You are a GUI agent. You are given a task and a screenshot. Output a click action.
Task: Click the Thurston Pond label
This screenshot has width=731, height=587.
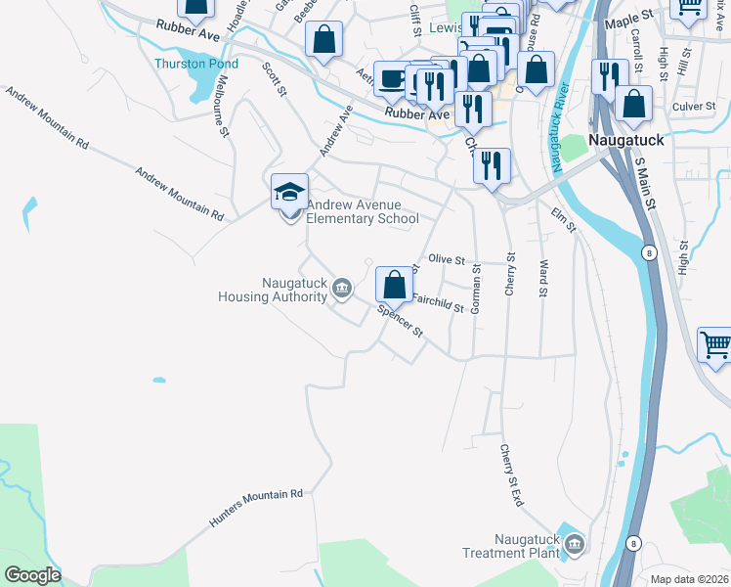195,64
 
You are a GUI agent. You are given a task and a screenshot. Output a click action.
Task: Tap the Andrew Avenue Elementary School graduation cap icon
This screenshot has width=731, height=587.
290,191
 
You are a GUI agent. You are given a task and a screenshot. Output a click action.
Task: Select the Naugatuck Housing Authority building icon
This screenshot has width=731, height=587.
341,287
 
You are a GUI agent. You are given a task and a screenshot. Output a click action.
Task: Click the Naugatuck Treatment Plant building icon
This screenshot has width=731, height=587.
574,543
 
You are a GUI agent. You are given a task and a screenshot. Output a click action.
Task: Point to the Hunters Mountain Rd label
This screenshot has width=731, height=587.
256,510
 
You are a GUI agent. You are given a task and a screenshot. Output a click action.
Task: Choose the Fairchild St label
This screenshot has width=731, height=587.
437,304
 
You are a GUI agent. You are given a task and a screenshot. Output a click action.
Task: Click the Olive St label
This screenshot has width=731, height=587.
447,259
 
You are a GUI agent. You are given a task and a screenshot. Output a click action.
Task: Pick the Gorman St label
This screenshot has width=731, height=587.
476,290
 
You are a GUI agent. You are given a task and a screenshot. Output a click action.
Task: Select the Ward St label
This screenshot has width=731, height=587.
542,277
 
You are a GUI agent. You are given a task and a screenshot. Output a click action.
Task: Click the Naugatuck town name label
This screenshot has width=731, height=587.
628,140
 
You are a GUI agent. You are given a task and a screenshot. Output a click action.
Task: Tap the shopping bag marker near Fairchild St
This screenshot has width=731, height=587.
394,285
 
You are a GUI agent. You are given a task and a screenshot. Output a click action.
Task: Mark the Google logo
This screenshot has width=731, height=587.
32,575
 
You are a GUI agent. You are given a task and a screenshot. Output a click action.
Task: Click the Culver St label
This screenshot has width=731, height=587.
694,107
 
